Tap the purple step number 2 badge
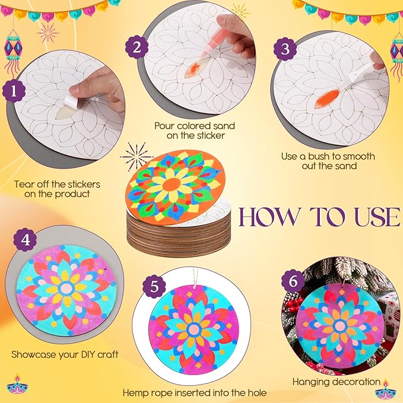pos(137,48)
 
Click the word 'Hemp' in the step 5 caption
pos(137,393)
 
